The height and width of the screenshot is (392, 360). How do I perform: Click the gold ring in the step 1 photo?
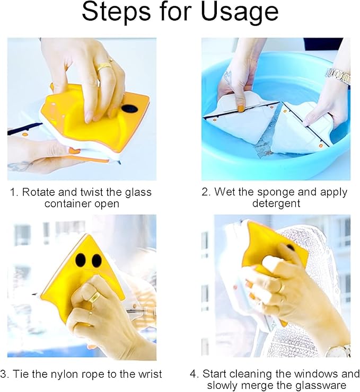pyautogui.click(x=104, y=67)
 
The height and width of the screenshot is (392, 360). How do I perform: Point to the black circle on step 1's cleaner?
pyautogui.click(x=129, y=109)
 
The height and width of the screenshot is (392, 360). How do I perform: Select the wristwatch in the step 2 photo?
pyautogui.click(x=338, y=76)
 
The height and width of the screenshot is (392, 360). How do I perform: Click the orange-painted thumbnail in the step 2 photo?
pyautogui.click(x=241, y=109)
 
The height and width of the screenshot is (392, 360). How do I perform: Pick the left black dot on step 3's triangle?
pyautogui.click(x=80, y=260)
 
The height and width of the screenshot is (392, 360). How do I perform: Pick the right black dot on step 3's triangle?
pyautogui.click(x=96, y=261)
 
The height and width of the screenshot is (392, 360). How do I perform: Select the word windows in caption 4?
pyautogui.click(x=318, y=374)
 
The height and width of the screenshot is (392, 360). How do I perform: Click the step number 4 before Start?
pyautogui.click(x=193, y=374)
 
